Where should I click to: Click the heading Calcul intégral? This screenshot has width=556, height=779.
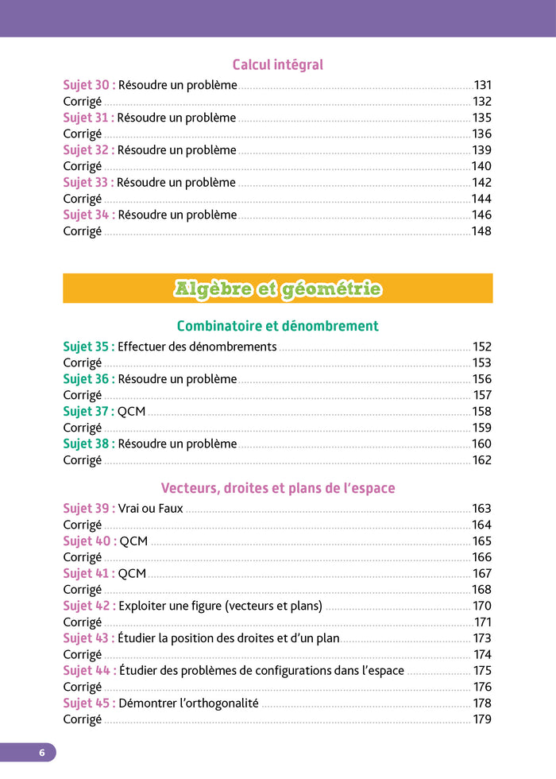pos(277,64)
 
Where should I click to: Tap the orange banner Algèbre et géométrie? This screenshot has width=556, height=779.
pos(277,289)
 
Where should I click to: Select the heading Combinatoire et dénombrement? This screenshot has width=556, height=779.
pos(277,326)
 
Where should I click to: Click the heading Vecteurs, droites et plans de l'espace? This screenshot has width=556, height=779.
pos(277,487)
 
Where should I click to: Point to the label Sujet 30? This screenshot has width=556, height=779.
pos(89,85)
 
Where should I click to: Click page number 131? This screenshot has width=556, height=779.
pos(483,85)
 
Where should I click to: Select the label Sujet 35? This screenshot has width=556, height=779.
pos(89,347)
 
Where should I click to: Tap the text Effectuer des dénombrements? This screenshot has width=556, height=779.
pos(197,347)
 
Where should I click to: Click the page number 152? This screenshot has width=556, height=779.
pos(482,347)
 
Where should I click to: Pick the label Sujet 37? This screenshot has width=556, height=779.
pos(89,411)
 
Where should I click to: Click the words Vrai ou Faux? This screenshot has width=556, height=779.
pos(150,508)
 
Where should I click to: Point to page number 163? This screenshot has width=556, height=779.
pos(482,508)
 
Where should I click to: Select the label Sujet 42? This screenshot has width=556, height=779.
pos(89,606)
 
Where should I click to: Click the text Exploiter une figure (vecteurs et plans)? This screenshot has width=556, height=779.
pos(220,606)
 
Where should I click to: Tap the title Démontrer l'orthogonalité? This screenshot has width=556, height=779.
pos(188,703)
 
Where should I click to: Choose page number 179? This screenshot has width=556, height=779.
pos(482,719)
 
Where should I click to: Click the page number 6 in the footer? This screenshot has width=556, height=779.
pos(42,752)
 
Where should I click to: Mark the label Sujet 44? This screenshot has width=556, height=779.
pos(89,670)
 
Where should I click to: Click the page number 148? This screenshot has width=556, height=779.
pos(482,231)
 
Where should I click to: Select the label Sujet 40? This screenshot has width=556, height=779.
pos(89,541)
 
